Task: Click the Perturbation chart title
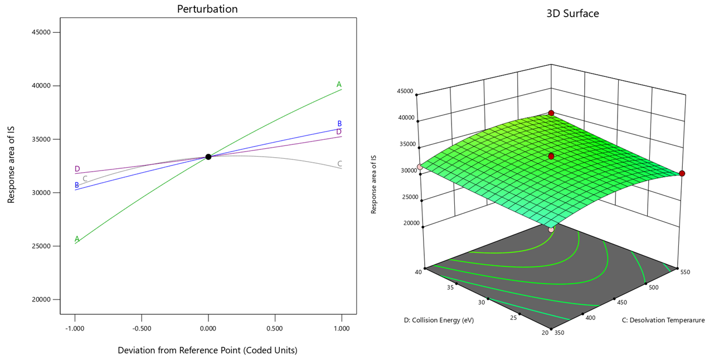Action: point(207,9)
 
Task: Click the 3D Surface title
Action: point(572,13)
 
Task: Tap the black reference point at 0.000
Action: point(208,157)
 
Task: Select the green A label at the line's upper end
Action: point(339,85)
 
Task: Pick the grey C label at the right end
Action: point(339,164)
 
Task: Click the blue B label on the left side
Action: point(77,185)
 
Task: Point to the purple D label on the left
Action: point(77,169)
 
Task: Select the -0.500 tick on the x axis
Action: point(142,329)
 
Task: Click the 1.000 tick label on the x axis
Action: point(341,329)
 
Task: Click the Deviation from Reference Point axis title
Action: point(207,351)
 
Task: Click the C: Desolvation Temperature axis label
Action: point(663,320)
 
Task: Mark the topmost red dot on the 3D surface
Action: point(551,113)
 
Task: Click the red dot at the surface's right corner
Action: point(682,174)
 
